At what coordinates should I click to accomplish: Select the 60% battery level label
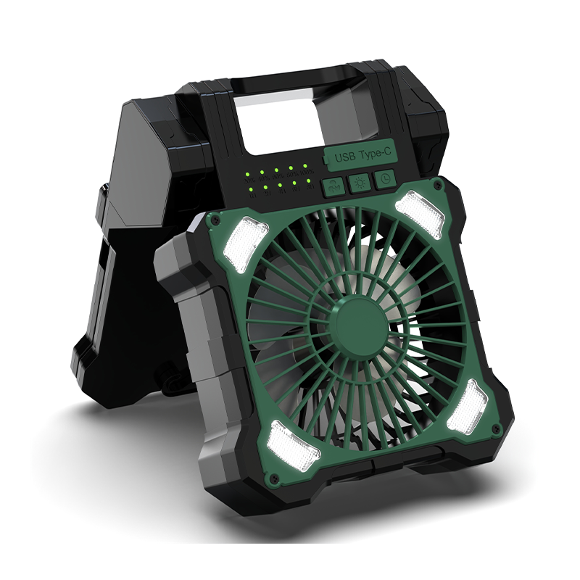click(278, 177)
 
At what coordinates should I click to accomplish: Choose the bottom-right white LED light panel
click(468, 405)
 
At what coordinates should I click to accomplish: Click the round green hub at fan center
click(360, 323)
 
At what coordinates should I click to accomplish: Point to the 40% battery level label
click(264, 178)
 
